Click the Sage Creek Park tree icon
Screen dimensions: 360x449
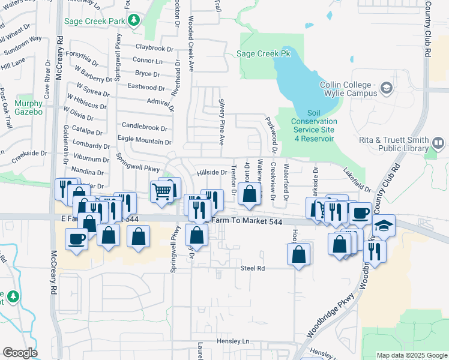[133, 21]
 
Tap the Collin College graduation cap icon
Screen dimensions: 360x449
[387, 89]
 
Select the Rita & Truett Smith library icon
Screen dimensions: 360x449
[438, 143]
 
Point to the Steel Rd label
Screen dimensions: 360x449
[252, 268]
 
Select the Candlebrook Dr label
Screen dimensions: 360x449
[144, 127]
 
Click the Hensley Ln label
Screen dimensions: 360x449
[236, 341]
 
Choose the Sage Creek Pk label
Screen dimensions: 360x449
[263, 53]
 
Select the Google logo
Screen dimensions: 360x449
[20, 353]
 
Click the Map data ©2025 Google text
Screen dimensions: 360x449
[411, 355]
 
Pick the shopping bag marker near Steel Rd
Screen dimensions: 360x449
[298, 254]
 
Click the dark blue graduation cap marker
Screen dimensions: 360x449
[384, 226]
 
